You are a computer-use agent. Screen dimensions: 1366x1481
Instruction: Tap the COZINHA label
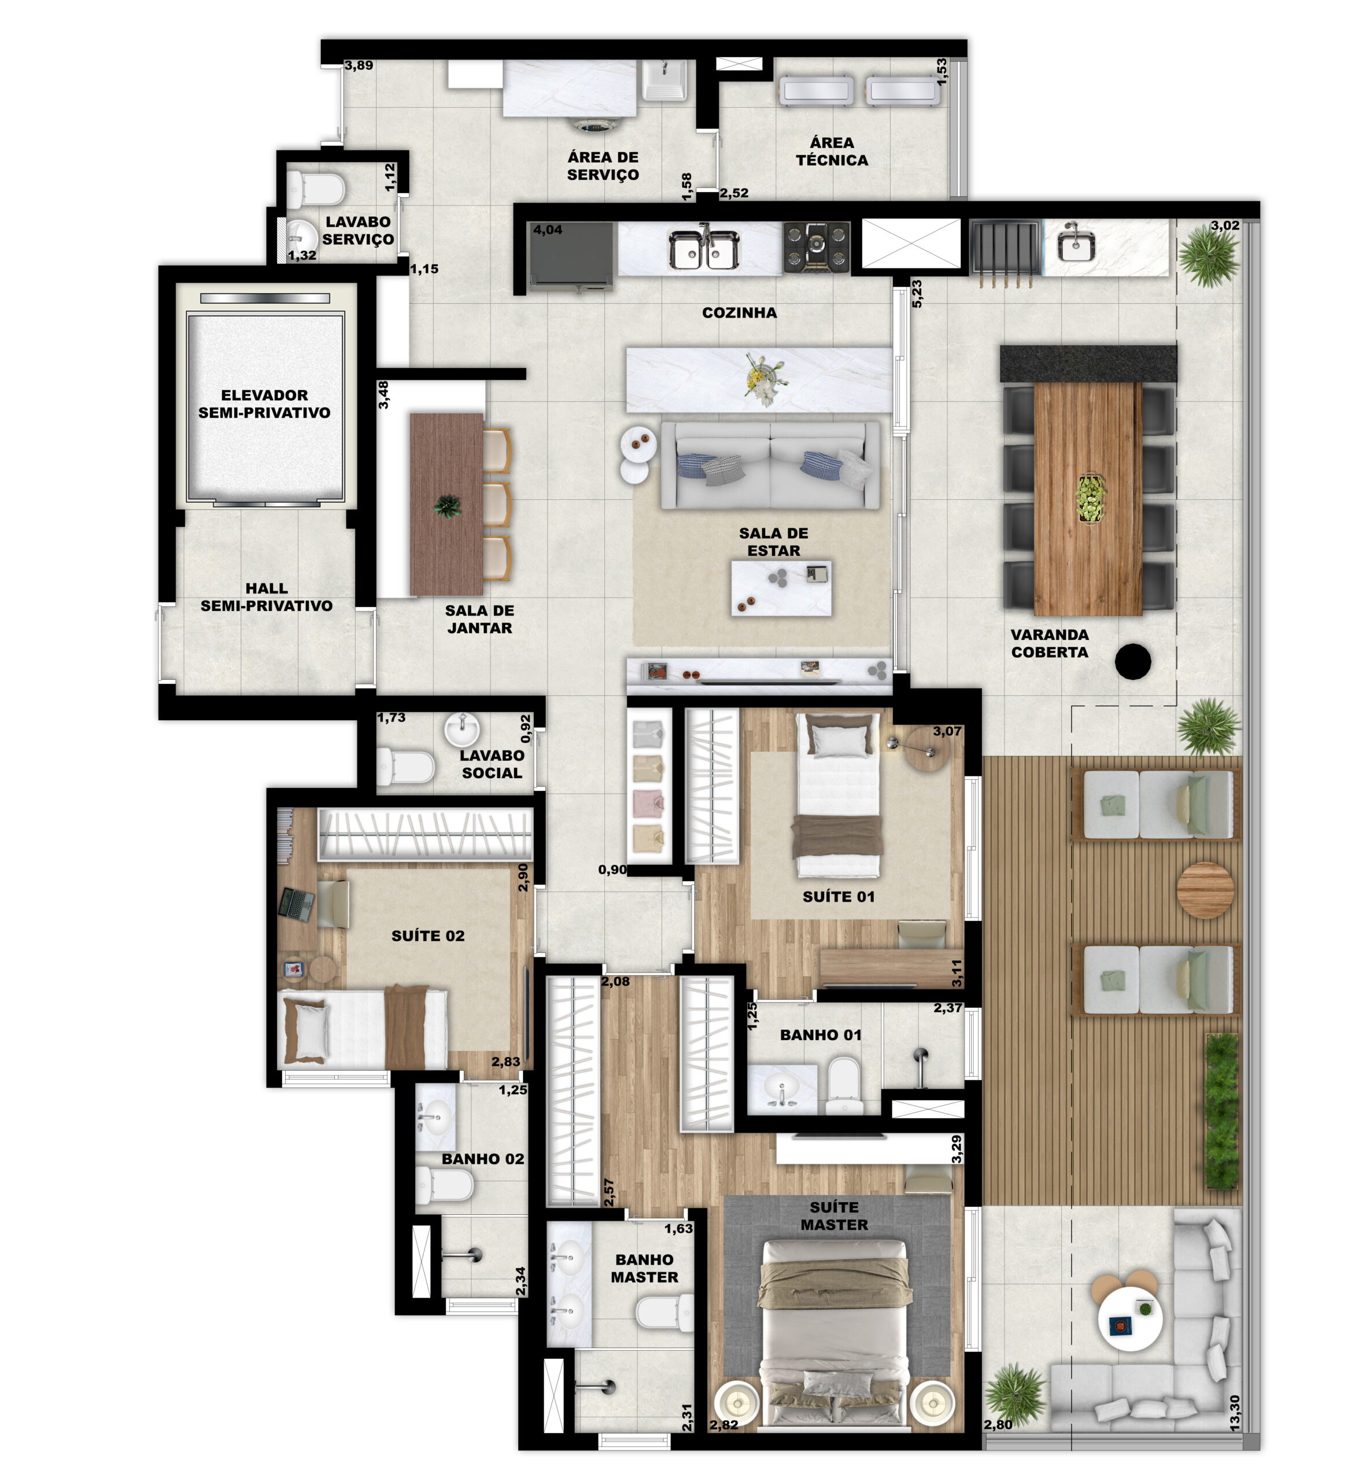click(x=739, y=313)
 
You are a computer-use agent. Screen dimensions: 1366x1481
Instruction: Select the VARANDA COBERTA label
click(x=1050, y=643)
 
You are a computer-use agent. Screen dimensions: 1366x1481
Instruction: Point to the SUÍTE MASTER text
click(x=834, y=1216)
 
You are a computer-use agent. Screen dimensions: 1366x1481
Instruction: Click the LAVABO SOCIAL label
click(x=492, y=764)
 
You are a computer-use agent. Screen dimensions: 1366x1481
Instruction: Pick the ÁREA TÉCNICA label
click(x=832, y=151)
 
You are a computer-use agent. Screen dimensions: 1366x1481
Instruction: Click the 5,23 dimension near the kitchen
click(x=917, y=293)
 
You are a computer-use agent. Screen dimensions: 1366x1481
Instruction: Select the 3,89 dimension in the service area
click(x=359, y=65)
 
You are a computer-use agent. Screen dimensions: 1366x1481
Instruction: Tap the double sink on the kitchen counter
click(x=704, y=248)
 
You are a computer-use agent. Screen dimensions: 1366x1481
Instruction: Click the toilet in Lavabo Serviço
click(x=316, y=189)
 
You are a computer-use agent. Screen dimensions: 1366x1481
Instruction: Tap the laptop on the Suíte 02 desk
click(x=297, y=904)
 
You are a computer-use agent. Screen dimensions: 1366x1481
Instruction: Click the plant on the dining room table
click(x=446, y=506)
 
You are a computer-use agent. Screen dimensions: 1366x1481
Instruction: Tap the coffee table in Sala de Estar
click(x=781, y=588)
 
